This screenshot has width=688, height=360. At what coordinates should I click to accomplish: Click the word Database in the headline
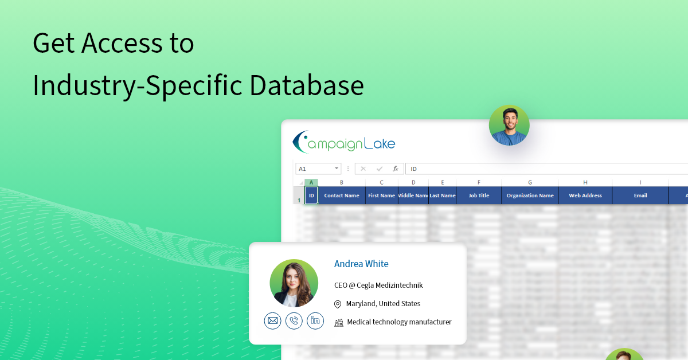[x=307, y=85]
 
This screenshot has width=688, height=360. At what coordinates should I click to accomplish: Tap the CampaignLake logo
[x=344, y=143]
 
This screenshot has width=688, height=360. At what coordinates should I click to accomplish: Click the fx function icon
[x=395, y=169]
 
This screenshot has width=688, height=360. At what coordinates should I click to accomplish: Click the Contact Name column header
[x=341, y=195]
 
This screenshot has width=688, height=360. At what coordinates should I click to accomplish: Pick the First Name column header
[x=381, y=195]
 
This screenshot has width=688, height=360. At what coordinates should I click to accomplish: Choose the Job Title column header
[x=479, y=195]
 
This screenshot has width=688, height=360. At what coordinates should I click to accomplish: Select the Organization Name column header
[x=530, y=195]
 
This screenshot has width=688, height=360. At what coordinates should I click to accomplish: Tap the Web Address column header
[x=585, y=195]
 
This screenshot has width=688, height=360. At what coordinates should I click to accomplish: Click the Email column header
[x=640, y=195]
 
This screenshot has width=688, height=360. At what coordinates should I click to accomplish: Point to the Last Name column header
[x=442, y=195]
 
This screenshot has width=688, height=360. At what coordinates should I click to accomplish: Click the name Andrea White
[x=361, y=264]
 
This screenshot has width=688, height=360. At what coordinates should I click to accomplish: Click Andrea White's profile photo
[x=294, y=283]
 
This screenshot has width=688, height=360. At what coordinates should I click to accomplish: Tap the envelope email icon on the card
[x=273, y=320]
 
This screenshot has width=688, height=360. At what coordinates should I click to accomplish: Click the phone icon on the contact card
[x=294, y=320]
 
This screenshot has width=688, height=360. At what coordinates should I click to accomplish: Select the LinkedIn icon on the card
[x=315, y=320]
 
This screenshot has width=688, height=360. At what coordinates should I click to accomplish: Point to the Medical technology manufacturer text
[x=399, y=322]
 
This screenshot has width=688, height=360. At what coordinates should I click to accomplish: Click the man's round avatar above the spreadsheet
[x=509, y=125]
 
